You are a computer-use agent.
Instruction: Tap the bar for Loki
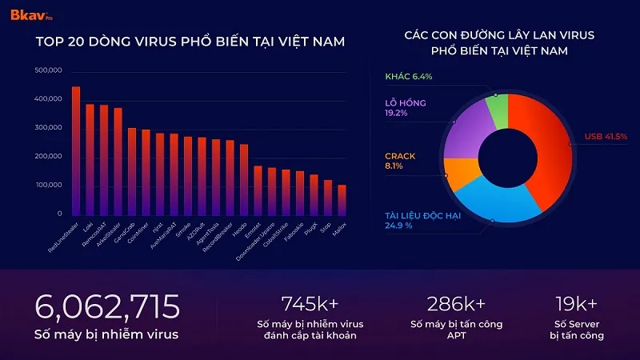tap(90, 160)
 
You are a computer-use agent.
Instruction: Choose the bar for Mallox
tap(342, 200)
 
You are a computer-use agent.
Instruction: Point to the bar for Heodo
tap(244, 180)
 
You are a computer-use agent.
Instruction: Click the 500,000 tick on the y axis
tap(48, 70)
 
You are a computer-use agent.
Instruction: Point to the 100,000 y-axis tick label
tap(48, 185)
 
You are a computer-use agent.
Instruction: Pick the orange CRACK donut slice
tap(460, 174)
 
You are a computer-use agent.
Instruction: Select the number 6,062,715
tap(107, 306)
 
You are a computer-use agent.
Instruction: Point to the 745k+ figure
tap(310, 303)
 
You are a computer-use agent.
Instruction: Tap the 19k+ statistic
tap(576, 303)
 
